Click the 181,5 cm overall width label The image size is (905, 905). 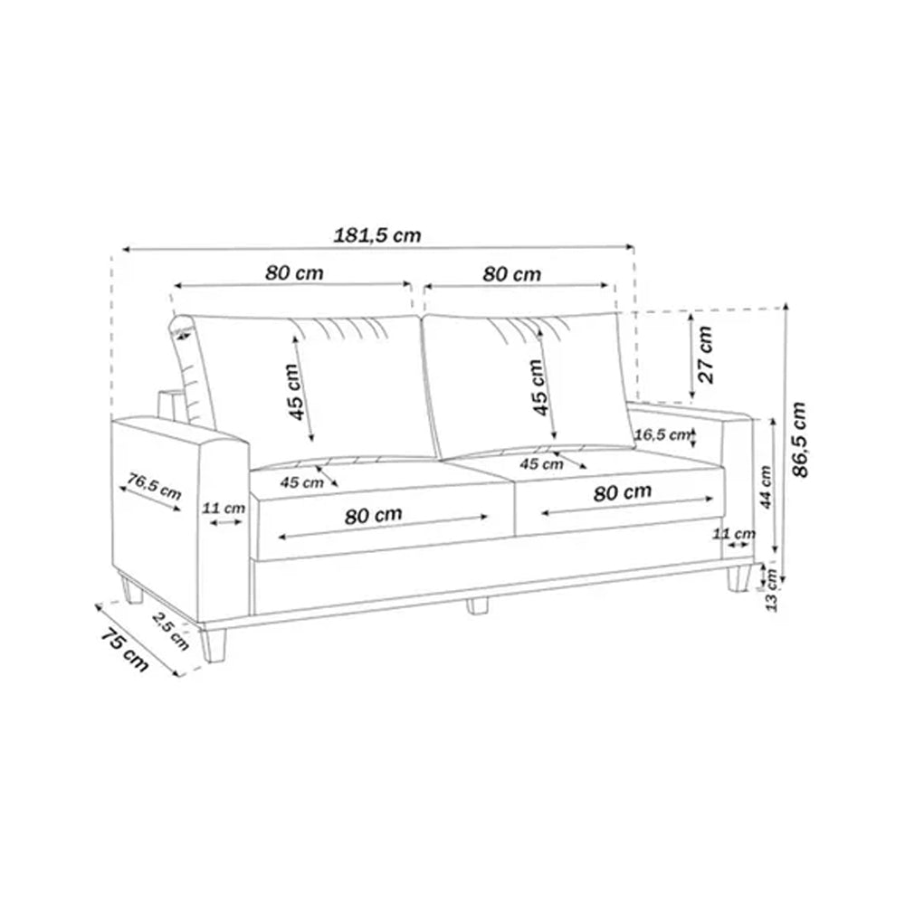(378, 234)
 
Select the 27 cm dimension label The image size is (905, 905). (707, 354)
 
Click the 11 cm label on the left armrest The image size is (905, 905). (222, 508)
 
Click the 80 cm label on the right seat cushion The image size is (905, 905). (622, 491)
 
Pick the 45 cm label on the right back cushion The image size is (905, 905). (538, 386)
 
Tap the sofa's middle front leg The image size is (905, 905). (477, 605)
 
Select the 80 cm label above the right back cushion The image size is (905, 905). (512, 273)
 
